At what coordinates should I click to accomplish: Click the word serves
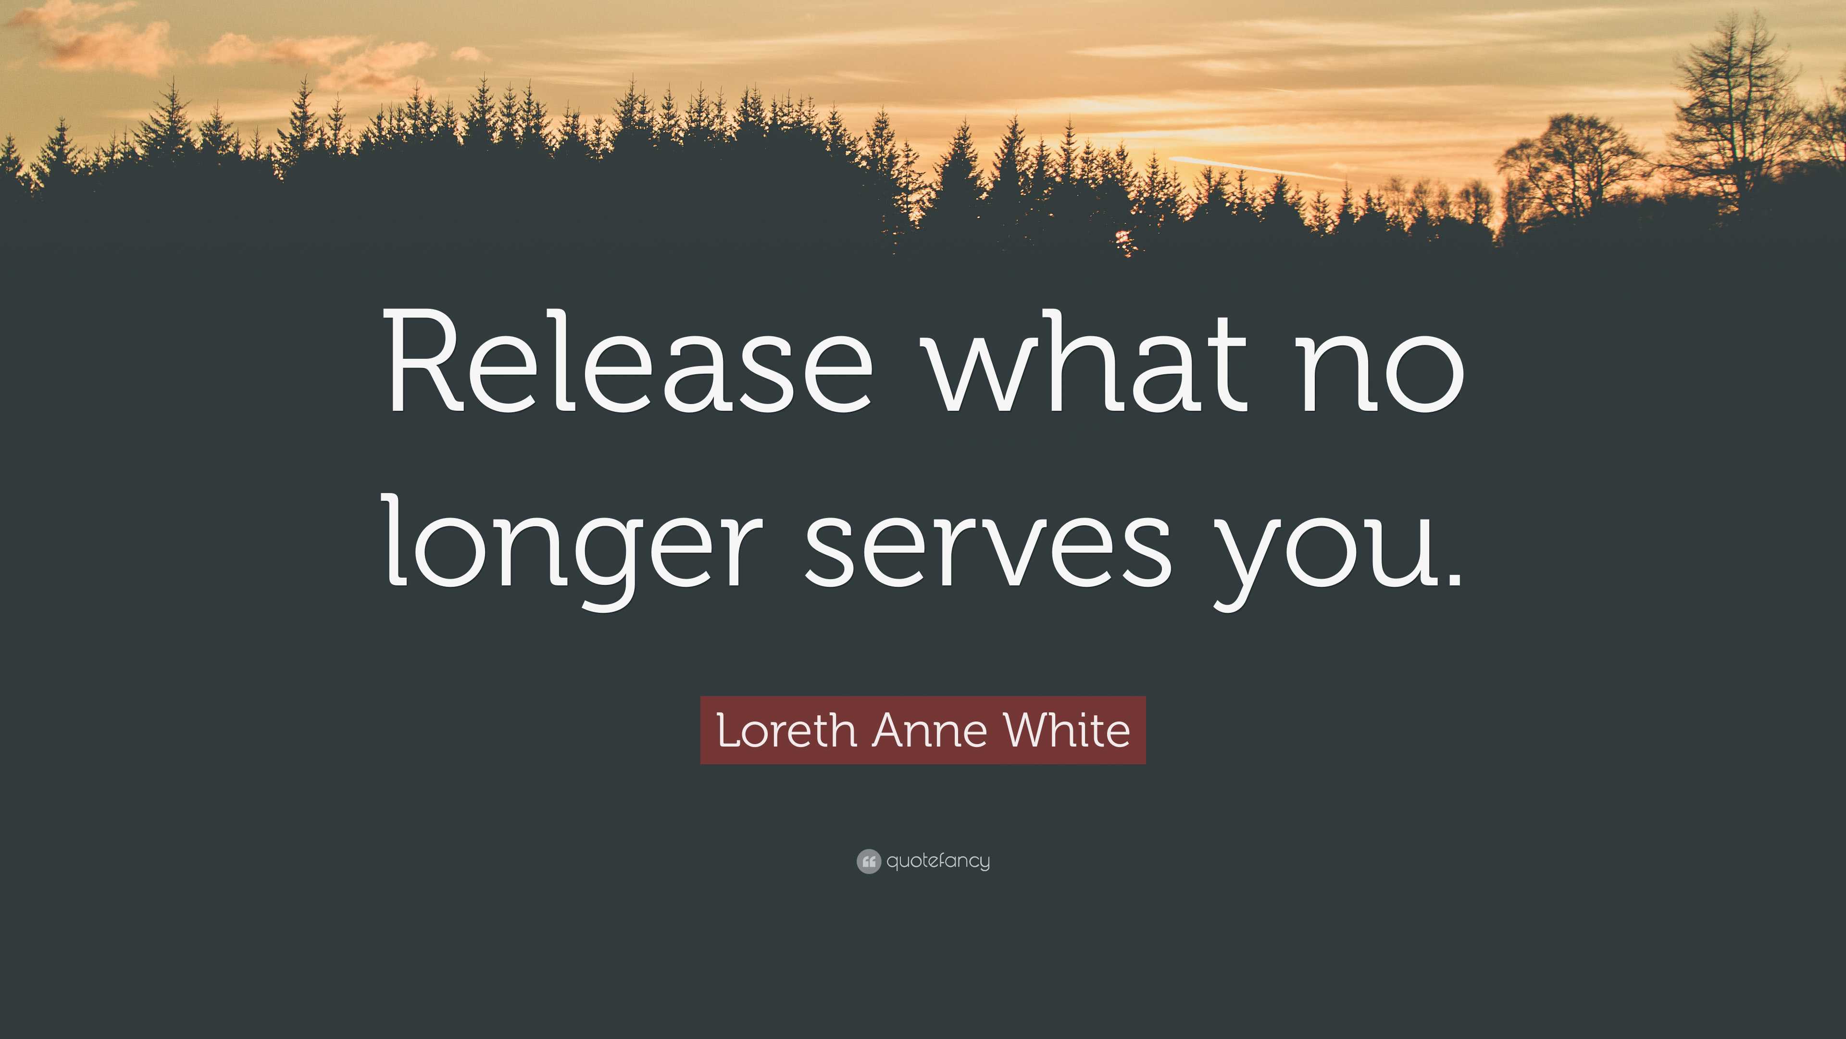coord(988,545)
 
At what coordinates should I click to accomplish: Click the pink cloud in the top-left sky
coord(100,39)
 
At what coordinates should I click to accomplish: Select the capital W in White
coord(1026,731)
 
